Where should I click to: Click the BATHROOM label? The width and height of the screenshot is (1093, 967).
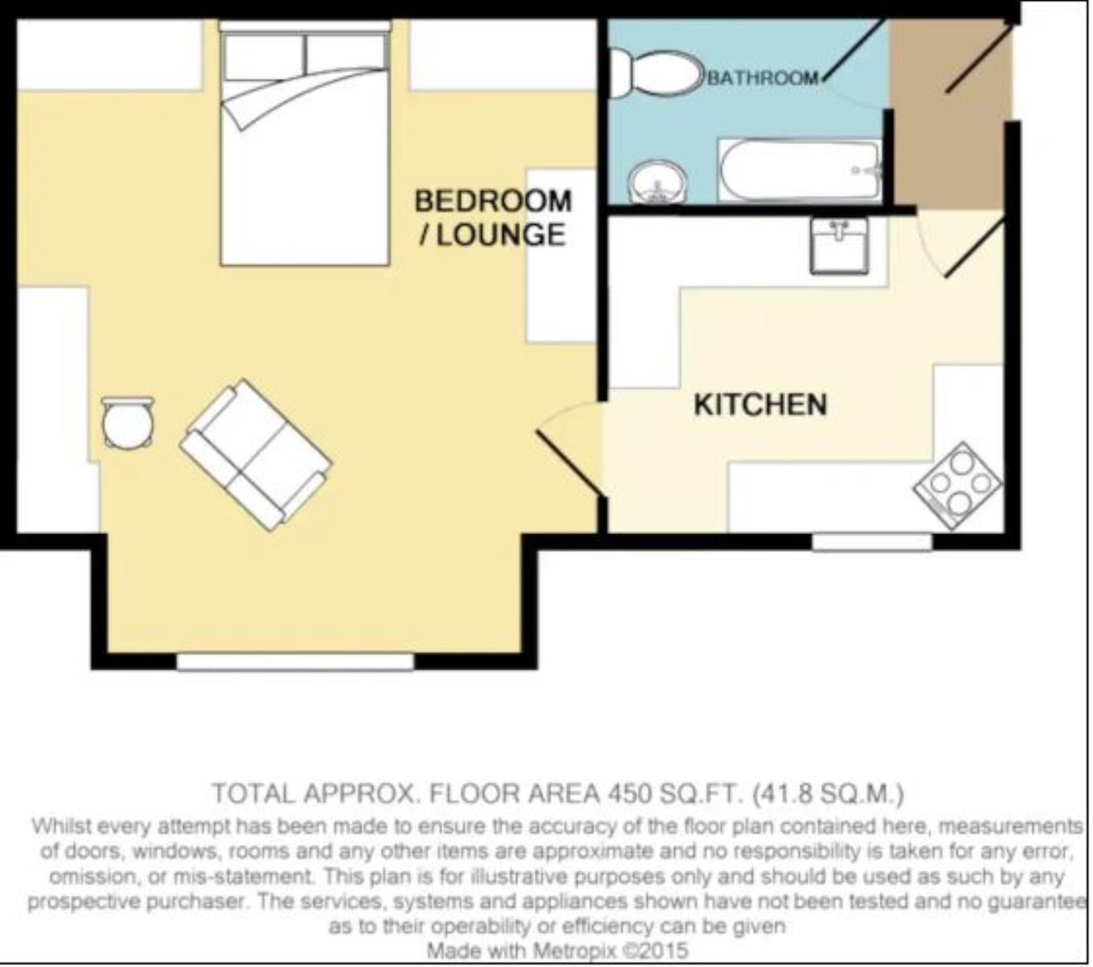click(x=762, y=78)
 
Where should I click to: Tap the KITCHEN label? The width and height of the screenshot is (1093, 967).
click(x=760, y=404)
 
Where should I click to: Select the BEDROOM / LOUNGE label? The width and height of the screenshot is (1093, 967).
click(x=492, y=218)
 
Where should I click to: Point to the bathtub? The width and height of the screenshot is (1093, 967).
click(x=800, y=170)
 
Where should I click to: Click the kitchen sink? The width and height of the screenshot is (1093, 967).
click(x=839, y=246)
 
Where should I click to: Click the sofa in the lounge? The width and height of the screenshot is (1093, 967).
click(x=255, y=454)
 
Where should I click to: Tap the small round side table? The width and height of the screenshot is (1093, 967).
click(x=127, y=422)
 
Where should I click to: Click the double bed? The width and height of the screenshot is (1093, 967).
click(x=304, y=145)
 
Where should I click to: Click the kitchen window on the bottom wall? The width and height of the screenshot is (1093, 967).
click(x=871, y=542)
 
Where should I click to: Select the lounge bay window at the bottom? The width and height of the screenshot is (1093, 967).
click(x=294, y=662)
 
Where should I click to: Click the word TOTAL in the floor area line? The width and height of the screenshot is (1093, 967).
click(x=251, y=794)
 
